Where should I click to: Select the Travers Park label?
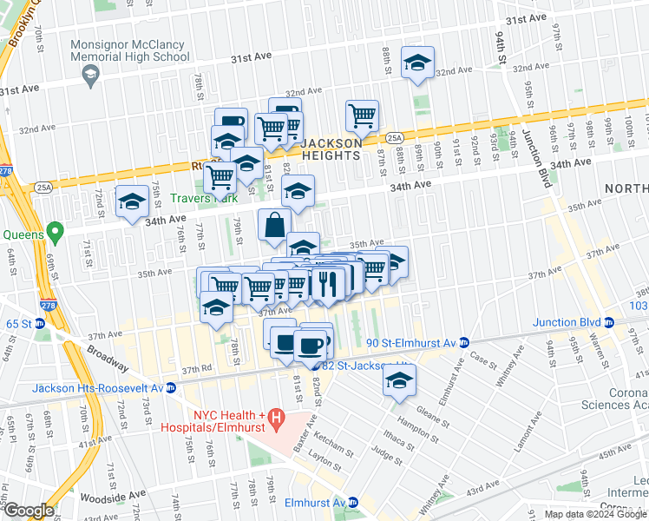click(204, 198)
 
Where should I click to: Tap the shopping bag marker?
click(274, 226)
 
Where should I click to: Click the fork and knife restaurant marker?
click(327, 282)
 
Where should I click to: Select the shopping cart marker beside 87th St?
click(362, 115)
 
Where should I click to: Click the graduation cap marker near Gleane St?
click(399, 380)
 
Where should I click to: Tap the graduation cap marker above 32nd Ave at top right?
click(418, 63)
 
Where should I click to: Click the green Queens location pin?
click(56, 233)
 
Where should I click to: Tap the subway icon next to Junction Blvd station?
click(610, 322)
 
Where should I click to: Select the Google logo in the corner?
click(28, 511)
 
